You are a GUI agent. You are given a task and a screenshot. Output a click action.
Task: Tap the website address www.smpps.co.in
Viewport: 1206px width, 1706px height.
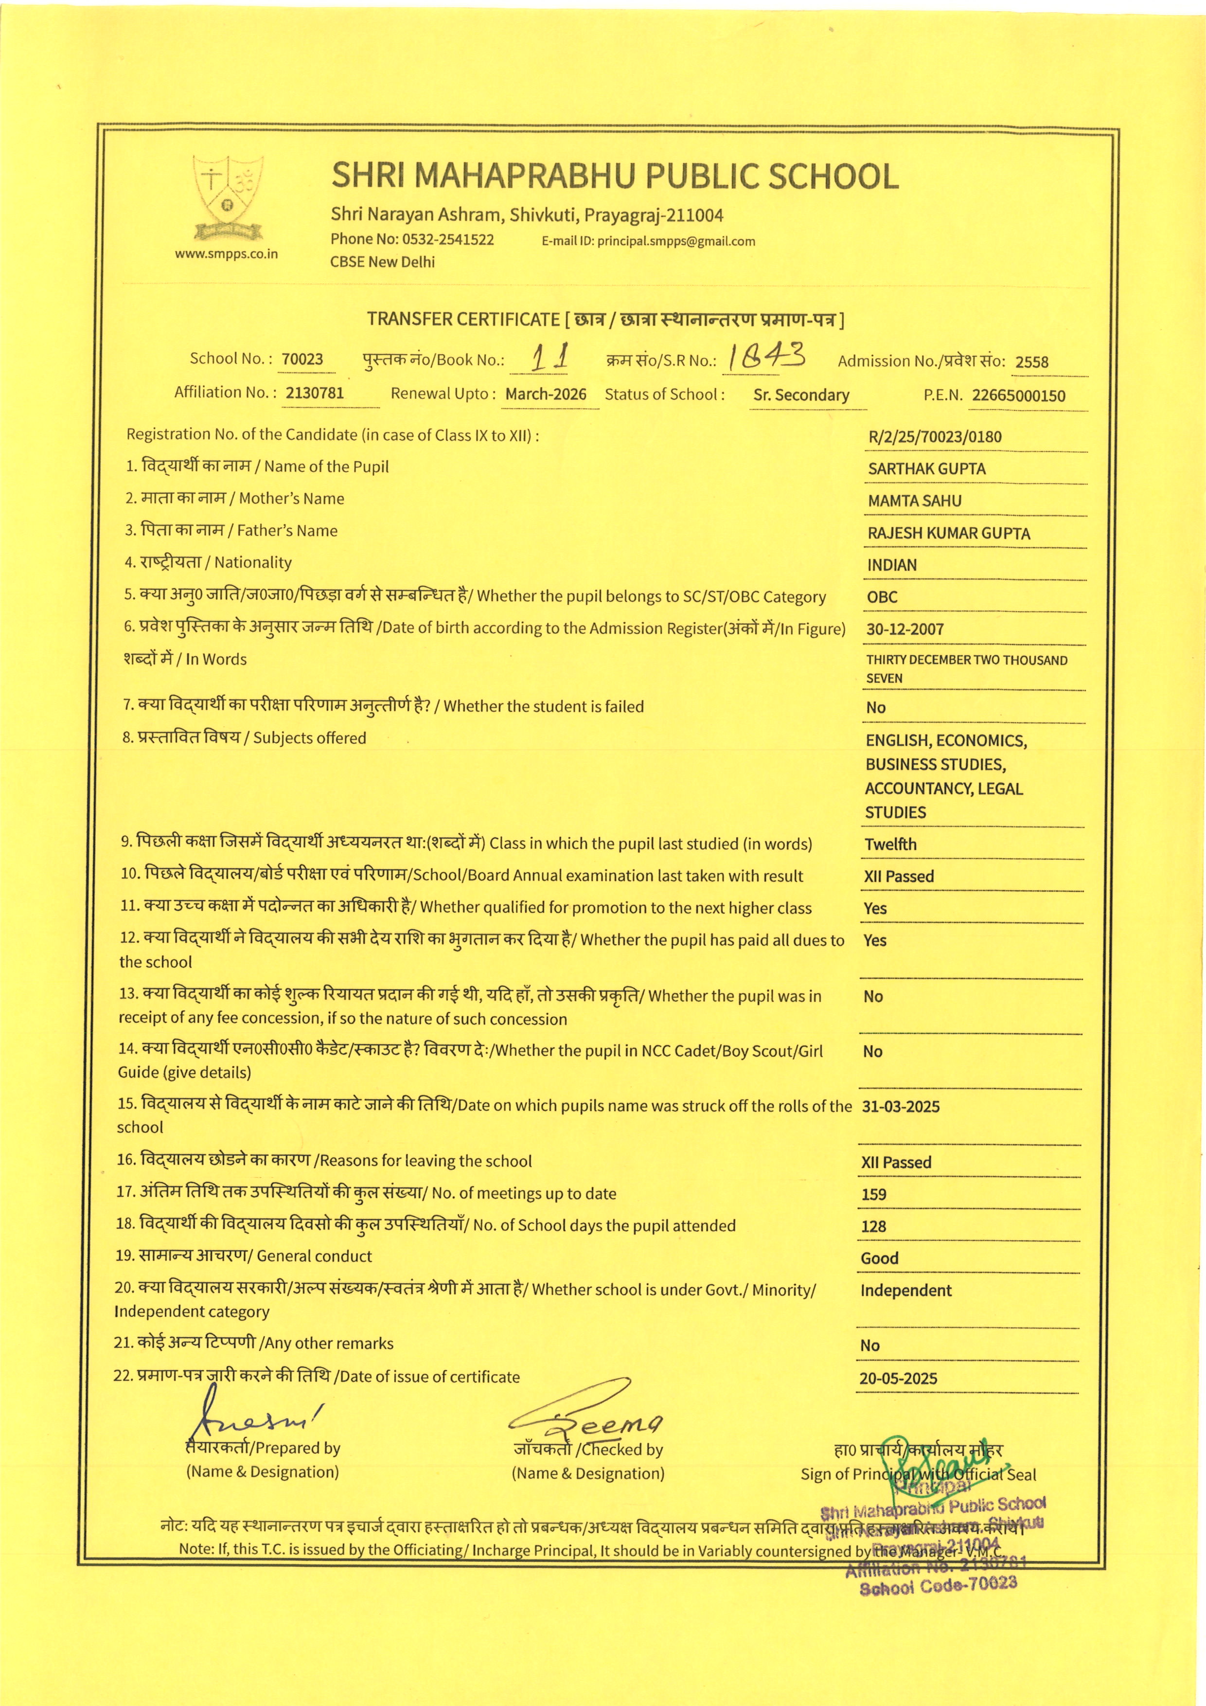coord(227,253)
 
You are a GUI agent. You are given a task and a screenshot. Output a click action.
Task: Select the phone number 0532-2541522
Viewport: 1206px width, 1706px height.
coord(448,239)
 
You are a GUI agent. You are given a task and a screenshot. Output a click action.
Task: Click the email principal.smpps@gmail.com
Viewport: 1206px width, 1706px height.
coord(676,241)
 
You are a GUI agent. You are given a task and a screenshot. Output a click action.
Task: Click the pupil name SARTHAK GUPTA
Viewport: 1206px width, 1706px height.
coord(926,469)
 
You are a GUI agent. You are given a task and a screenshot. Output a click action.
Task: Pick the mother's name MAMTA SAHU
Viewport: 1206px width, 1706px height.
coord(914,501)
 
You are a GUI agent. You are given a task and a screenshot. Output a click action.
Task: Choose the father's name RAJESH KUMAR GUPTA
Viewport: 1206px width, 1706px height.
coord(948,534)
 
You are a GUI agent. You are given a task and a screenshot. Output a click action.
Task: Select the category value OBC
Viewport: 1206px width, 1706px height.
coord(882,597)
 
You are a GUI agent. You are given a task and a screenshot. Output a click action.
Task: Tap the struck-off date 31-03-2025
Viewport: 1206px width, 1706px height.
coord(900,1106)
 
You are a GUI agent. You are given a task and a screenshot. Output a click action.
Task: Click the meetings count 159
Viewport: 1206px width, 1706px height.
coord(873,1194)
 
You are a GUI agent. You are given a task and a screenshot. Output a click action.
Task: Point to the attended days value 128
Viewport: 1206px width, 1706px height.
coord(873,1226)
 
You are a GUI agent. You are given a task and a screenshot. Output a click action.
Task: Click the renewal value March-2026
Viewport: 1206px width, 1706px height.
coord(545,395)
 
